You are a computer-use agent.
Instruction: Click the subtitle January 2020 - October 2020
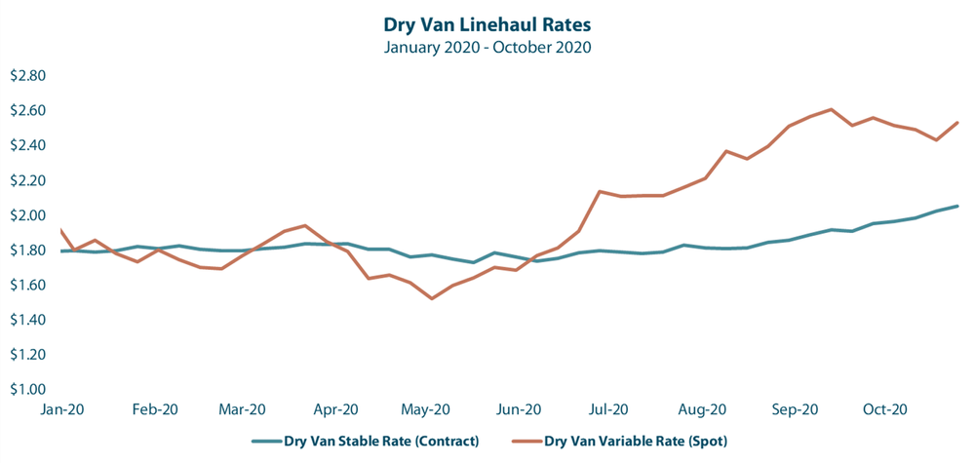tap(487, 46)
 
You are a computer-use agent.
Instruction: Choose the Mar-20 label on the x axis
tap(244, 410)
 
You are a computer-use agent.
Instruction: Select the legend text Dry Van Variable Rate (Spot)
tap(635, 441)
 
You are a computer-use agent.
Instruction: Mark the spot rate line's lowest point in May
tap(432, 298)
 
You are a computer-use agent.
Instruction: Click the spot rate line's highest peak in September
tap(831, 109)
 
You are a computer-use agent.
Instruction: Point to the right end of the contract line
tap(958, 206)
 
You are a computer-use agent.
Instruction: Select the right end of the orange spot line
tap(958, 122)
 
